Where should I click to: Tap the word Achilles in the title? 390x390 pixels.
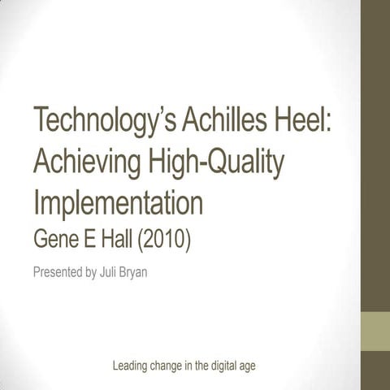tap(229, 124)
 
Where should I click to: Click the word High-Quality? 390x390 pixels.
tap(217, 165)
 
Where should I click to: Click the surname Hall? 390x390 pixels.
tap(121, 239)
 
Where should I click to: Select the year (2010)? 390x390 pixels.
tap(166, 239)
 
